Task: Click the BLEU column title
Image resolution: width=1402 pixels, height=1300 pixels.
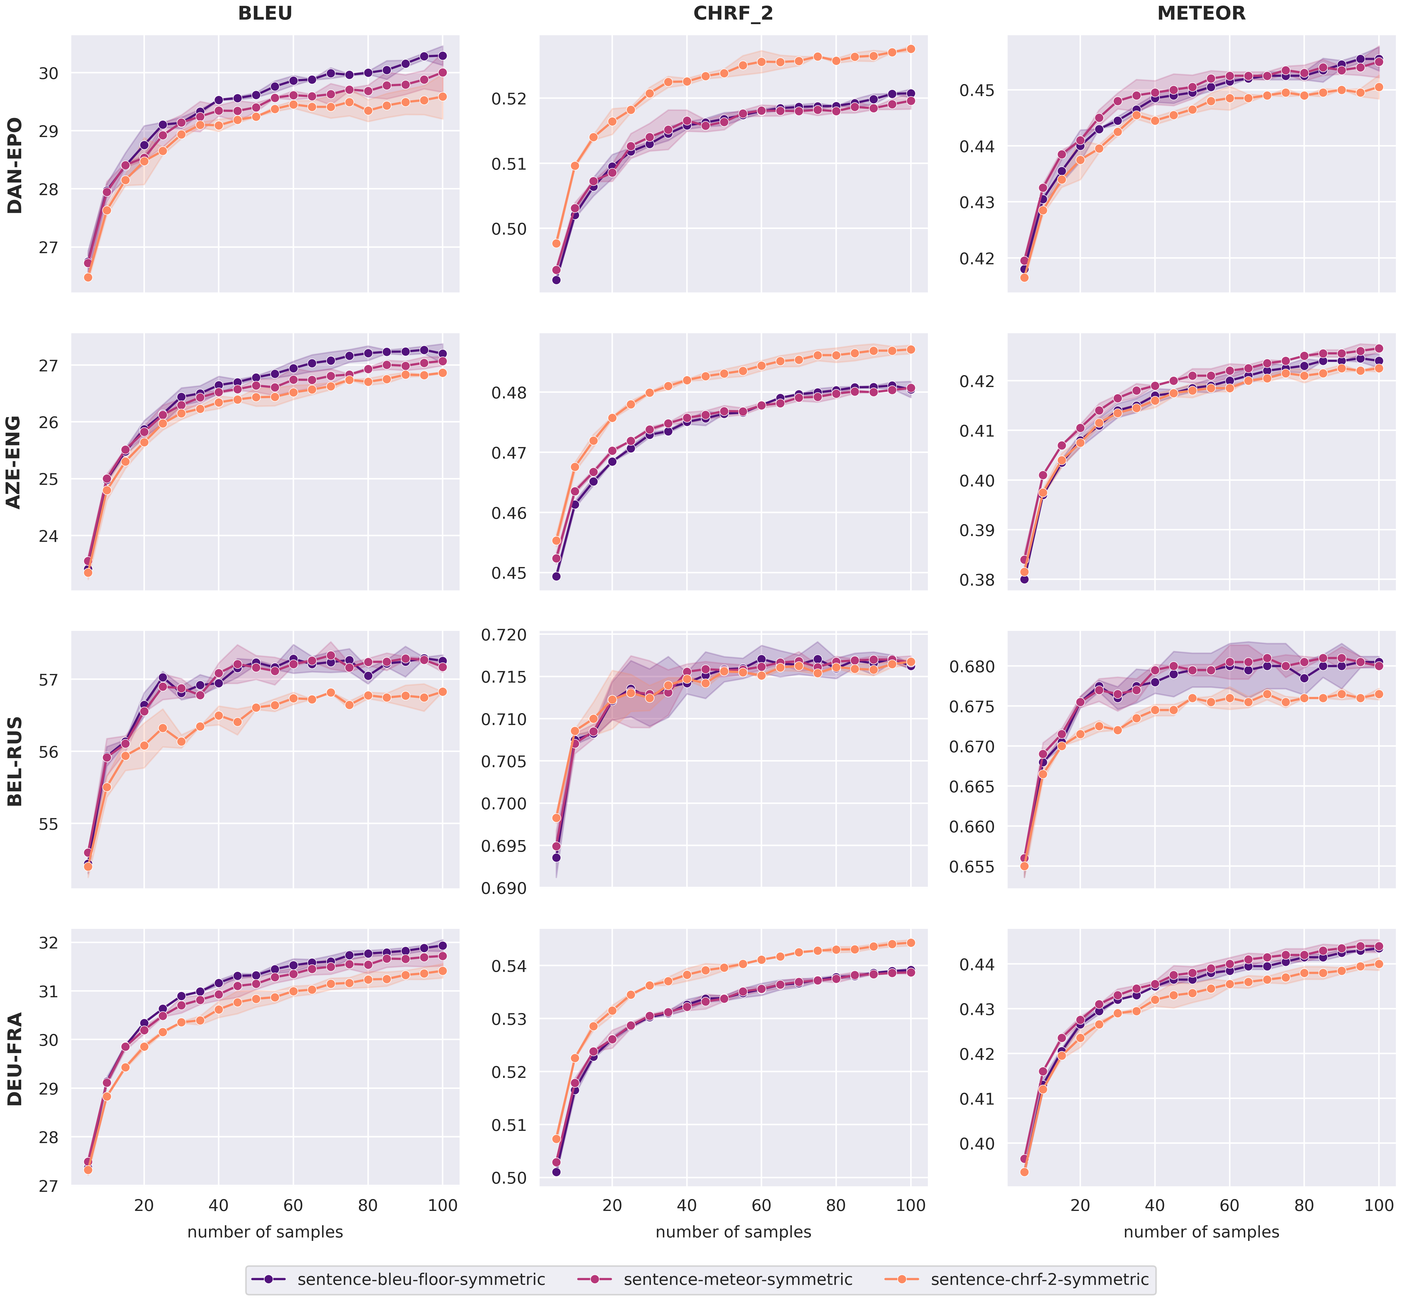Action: coord(265,13)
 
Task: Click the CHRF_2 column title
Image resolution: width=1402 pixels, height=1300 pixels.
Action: coord(733,13)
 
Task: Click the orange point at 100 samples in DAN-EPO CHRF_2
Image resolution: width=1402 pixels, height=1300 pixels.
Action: coord(910,49)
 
